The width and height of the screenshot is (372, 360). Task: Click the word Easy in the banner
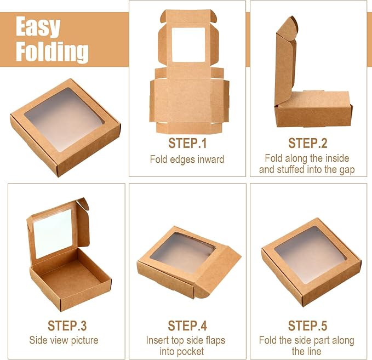click(x=38, y=27)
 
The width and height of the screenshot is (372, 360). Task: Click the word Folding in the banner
click(x=52, y=52)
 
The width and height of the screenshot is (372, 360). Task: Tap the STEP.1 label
click(x=187, y=143)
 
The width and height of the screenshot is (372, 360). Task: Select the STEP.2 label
click(x=308, y=143)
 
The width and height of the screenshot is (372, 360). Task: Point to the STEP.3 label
click(x=67, y=325)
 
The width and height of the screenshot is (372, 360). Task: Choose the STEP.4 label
click(x=187, y=325)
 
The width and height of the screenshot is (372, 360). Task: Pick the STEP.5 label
click(x=308, y=325)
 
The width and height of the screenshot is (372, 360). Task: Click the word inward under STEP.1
click(x=211, y=159)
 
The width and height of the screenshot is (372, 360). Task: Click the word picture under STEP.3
click(x=85, y=340)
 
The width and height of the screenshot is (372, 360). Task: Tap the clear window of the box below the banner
click(x=65, y=119)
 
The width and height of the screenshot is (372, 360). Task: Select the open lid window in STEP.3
click(x=53, y=234)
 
